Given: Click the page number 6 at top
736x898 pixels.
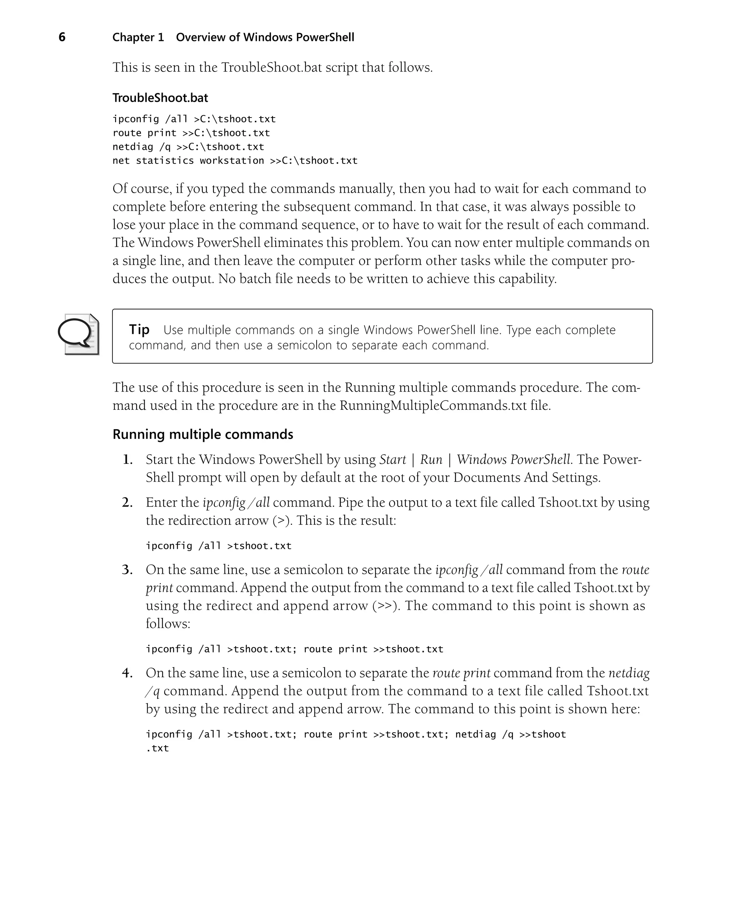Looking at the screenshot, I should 62,37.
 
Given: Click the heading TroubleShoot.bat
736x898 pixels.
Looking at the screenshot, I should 160,98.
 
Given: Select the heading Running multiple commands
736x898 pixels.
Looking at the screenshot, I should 203,434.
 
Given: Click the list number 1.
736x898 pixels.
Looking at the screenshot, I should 127,459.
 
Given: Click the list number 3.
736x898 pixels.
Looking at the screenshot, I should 127,569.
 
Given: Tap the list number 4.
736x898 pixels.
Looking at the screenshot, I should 127,673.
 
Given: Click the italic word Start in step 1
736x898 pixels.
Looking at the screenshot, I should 392,459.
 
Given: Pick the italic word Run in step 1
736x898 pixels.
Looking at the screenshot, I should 431,459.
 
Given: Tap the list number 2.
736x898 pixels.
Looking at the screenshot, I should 127,503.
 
